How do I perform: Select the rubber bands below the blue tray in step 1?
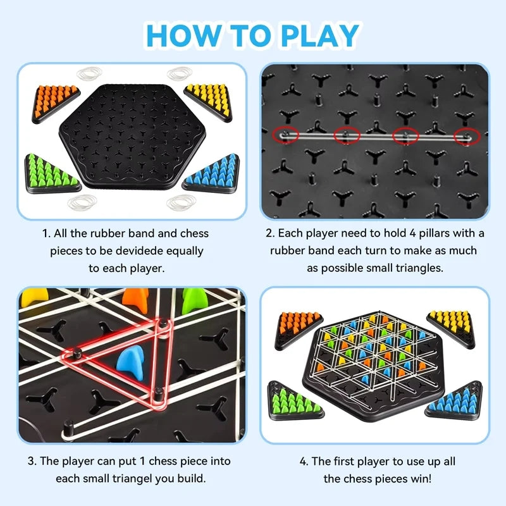[182, 204]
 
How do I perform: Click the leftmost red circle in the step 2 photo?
[287, 135]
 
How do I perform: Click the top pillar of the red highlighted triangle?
[164, 324]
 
